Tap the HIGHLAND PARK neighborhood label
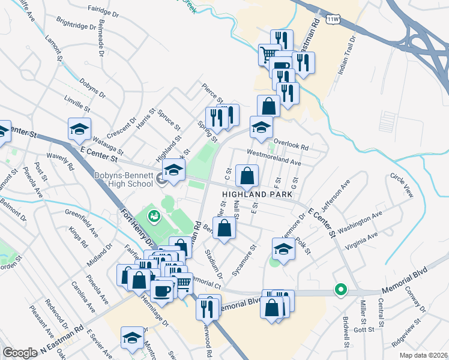point(257,194)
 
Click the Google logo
point(19,352)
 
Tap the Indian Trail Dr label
point(347,55)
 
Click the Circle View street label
point(402,185)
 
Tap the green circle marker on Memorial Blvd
point(340,291)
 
